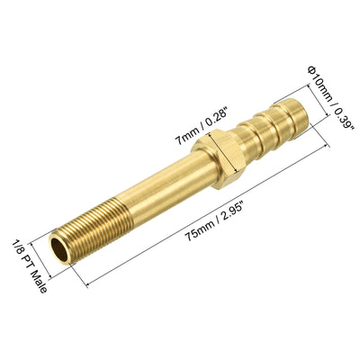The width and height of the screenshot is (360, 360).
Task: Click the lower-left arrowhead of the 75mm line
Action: click(90, 287)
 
